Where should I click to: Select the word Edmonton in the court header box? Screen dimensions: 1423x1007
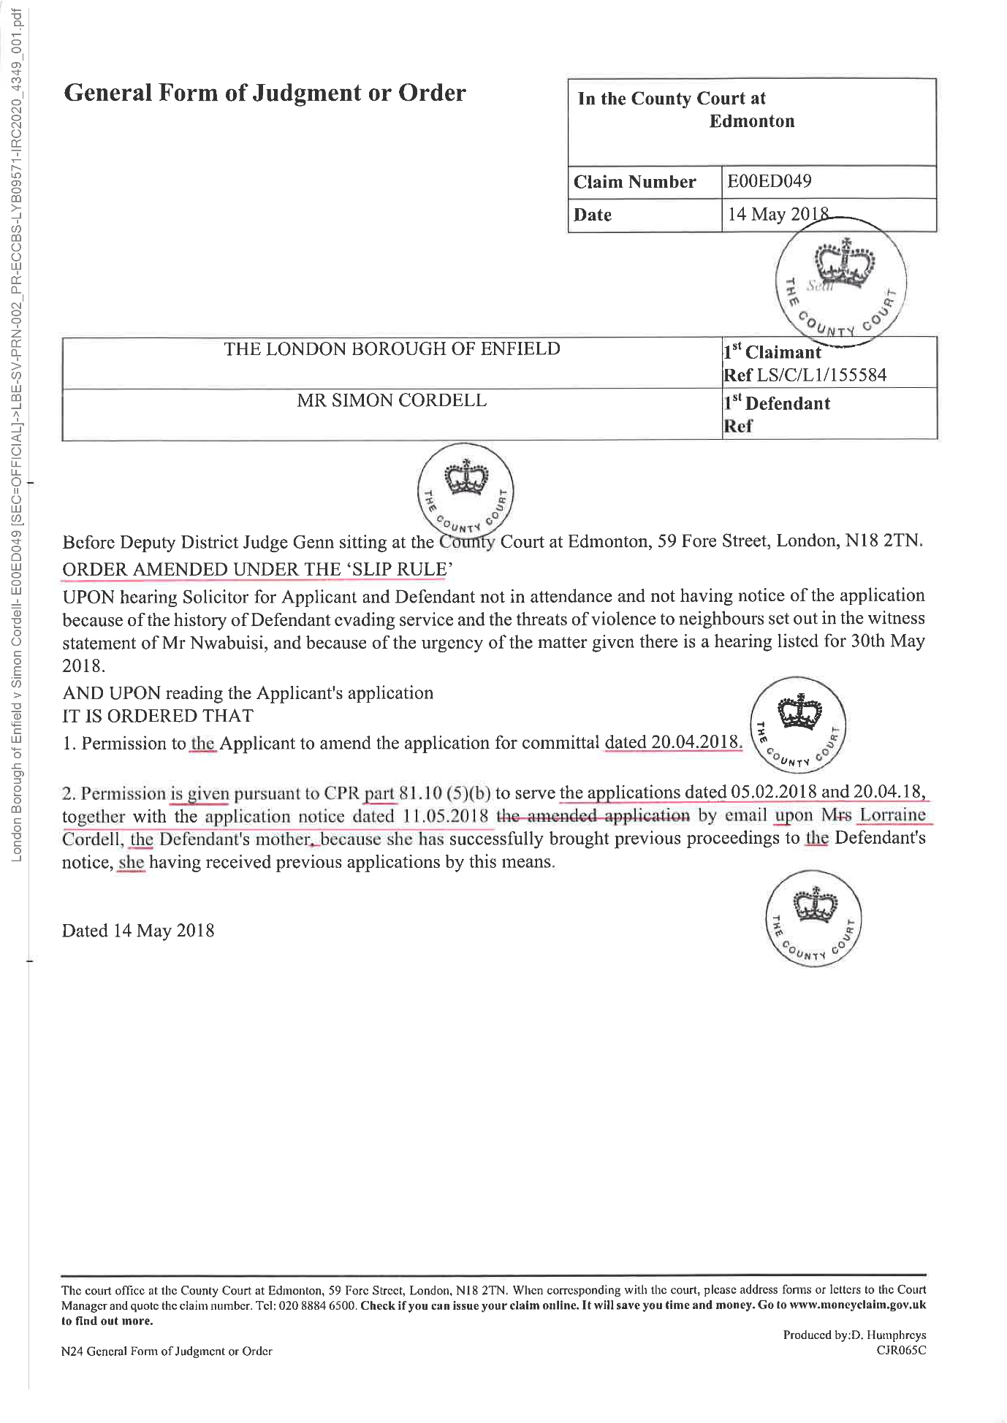(x=751, y=121)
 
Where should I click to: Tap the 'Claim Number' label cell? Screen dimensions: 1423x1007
(x=634, y=182)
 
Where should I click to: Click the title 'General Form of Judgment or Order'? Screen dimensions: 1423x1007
(x=265, y=94)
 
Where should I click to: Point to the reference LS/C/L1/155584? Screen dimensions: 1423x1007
(x=821, y=375)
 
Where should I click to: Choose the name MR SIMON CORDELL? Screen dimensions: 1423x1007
(x=391, y=400)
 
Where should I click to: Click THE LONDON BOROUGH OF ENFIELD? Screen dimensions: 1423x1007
(x=392, y=349)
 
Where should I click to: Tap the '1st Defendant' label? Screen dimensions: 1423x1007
(x=777, y=403)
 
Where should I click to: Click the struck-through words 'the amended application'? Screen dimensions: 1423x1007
(x=593, y=815)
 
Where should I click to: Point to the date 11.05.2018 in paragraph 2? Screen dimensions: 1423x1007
(x=445, y=816)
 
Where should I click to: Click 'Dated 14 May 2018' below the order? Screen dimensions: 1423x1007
(x=138, y=931)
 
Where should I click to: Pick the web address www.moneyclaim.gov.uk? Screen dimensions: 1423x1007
(x=857, y=1305)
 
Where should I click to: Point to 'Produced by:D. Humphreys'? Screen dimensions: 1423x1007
(x=854, y=1335)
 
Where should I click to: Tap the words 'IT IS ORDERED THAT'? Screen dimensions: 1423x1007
(x=158, y=716)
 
